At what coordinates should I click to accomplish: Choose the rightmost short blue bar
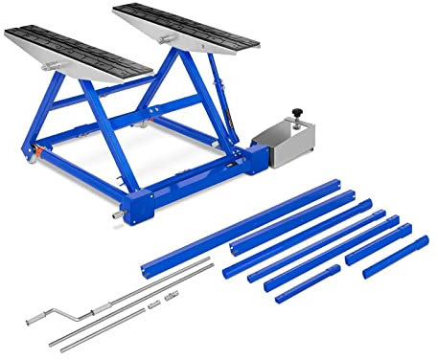(395, 257)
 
